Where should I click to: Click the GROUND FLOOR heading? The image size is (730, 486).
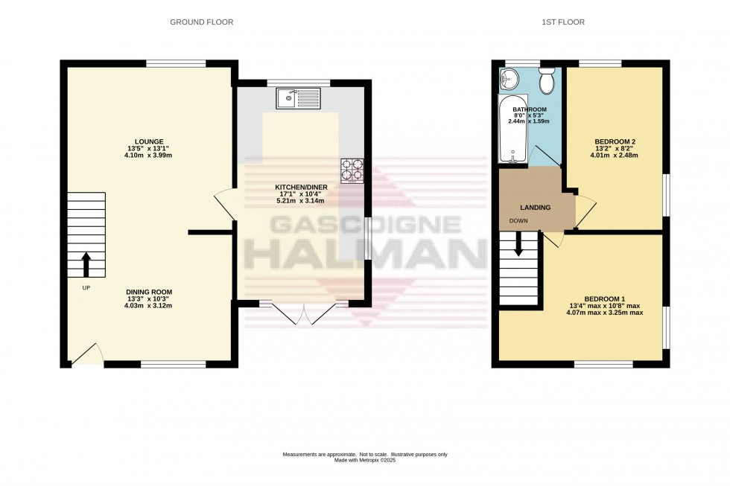201,22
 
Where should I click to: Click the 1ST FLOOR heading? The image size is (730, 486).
562,22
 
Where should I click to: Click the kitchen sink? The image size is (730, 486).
297,97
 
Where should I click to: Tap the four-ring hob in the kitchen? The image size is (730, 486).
352,170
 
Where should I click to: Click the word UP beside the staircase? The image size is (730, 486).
86,288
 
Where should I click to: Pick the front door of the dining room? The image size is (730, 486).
87,354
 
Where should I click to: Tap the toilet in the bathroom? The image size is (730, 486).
547,81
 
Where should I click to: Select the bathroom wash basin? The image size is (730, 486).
510,77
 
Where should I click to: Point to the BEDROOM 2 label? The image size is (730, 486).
615,141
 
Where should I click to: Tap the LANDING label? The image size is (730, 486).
536,207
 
